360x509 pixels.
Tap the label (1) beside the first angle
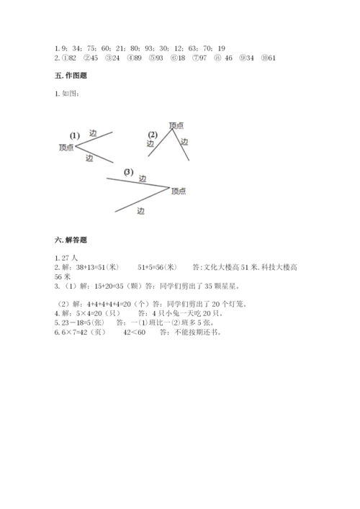(x=74, y=135)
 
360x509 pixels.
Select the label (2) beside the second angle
(x=152, y=135)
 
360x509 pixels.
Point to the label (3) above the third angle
(x=128, y=171)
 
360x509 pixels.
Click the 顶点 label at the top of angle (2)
(x=176, y=125)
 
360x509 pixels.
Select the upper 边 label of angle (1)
(x=92, y=133)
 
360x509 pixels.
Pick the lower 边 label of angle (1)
(x=89, y=157)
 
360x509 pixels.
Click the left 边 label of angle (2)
(x=150, y=143)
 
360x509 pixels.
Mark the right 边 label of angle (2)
(x=184, y=141)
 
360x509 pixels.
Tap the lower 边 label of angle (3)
(x=140, y=211)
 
